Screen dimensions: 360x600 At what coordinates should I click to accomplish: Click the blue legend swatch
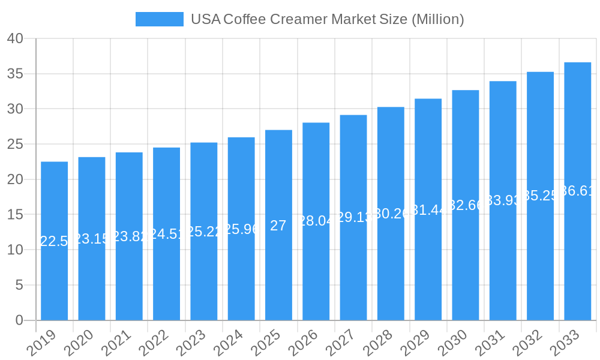[159, 19]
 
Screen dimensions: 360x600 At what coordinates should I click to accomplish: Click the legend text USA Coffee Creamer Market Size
[327, 19]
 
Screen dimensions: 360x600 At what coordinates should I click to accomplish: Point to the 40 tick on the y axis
[15, 39]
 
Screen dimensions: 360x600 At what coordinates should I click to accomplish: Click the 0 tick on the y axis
[19, 320]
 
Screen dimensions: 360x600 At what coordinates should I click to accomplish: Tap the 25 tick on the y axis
[15, 145]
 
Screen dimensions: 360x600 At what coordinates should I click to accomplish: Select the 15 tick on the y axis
[15, 215]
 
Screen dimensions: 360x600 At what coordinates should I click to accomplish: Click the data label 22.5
[54, 241]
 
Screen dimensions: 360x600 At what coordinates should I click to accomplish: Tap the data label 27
[278, 226]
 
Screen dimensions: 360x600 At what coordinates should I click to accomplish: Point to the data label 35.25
[540, 196]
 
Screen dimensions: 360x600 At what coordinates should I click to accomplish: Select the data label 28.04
[316, 221]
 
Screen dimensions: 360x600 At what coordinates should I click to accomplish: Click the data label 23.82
[129, 236]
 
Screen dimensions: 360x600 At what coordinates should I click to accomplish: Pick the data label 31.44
[428, 210]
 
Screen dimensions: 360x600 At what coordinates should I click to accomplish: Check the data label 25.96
[241, 229]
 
